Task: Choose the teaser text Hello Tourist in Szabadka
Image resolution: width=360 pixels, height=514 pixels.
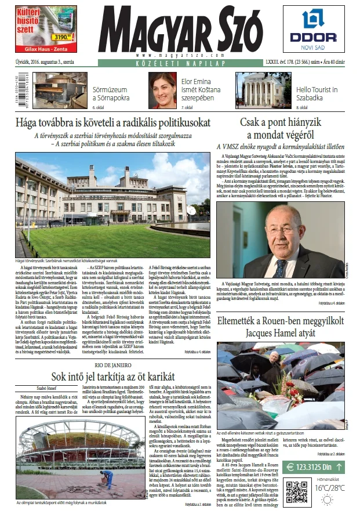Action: click(x=317, y=94)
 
